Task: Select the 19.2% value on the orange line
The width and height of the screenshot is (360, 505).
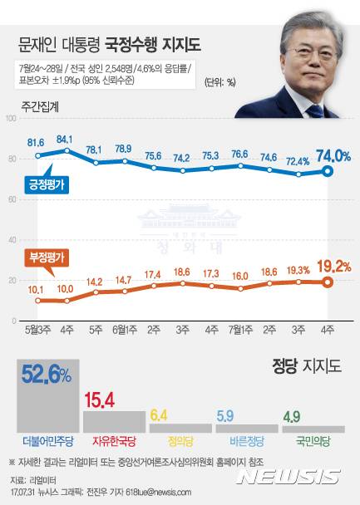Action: pyautogui.click(x=330, y=267)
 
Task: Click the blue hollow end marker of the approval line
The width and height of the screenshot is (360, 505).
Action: pyautogui.click(x=328, y=172)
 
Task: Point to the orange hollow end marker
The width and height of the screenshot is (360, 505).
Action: pyautogui.click(x=328, y=282)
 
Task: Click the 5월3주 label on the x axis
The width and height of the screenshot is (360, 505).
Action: pyautogui.click(x=37, y=328)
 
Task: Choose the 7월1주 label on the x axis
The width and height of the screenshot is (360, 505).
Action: pyautogui.click(x=240, y=328)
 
